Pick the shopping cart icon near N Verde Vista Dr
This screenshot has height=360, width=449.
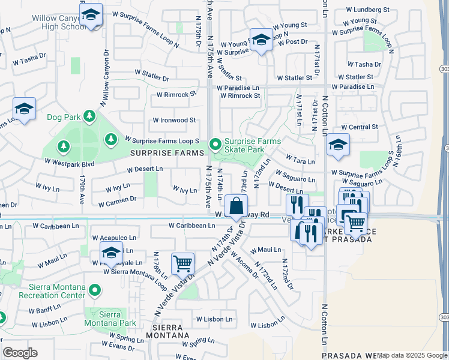182,263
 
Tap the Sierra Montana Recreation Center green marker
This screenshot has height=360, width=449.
95,290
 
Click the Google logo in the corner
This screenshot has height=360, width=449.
20,353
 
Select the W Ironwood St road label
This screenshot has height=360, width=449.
173,120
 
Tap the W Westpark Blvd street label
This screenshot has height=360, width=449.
70,163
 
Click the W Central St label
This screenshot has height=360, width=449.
359,127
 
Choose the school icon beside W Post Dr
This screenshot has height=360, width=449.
261,41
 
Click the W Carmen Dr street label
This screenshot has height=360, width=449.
116,199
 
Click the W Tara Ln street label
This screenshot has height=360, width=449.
300,161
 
